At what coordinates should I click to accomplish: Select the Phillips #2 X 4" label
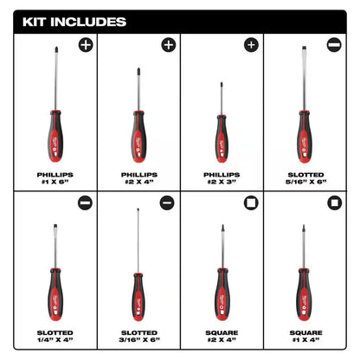click(138, 176)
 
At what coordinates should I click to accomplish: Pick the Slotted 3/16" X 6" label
click(138, 337)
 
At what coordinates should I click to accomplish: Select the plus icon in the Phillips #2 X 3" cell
click(251, 44)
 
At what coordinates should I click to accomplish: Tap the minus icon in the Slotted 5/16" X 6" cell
click(333, 44)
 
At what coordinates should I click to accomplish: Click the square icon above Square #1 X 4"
click(333, 204)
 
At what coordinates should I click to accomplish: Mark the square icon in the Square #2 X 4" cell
click(251, 204)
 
